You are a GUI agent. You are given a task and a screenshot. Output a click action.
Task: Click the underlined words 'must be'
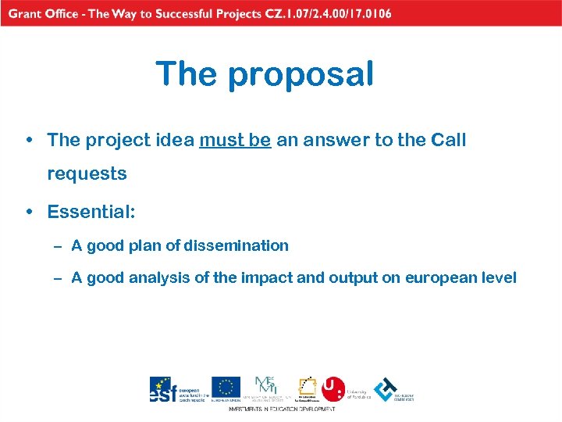point(235,141)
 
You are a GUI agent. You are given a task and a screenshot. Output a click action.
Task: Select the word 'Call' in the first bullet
point(446,141)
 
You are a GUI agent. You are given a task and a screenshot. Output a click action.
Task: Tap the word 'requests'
point(87,174)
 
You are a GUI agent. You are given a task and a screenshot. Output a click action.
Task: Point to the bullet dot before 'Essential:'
point(29,213)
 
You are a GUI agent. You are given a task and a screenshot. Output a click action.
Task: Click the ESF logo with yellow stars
point(162,388)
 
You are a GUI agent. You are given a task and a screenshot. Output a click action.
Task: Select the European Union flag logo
point(226,387)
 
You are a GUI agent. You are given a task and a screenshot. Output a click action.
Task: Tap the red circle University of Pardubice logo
point(333,388)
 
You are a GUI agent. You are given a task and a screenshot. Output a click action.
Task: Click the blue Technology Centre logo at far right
point(385,388)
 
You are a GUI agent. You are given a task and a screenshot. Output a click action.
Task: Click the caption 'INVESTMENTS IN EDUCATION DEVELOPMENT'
point(281,409)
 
